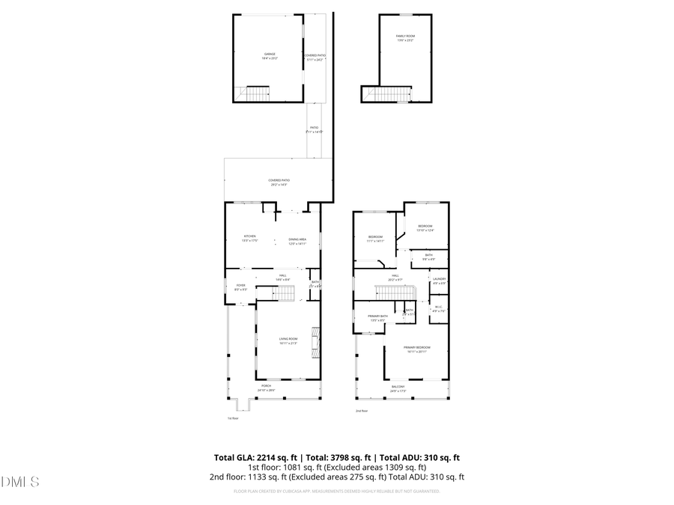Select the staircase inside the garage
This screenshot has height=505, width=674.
click(258, 94)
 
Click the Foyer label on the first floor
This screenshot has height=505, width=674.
click(240, 286)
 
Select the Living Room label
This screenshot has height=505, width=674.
click(288, 340)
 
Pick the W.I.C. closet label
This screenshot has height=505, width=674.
click(439, 307)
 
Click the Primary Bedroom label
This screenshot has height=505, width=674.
click(416, 349)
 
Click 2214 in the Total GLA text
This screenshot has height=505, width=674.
click(270, 457)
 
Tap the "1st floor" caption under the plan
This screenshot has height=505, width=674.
click(233, 418)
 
